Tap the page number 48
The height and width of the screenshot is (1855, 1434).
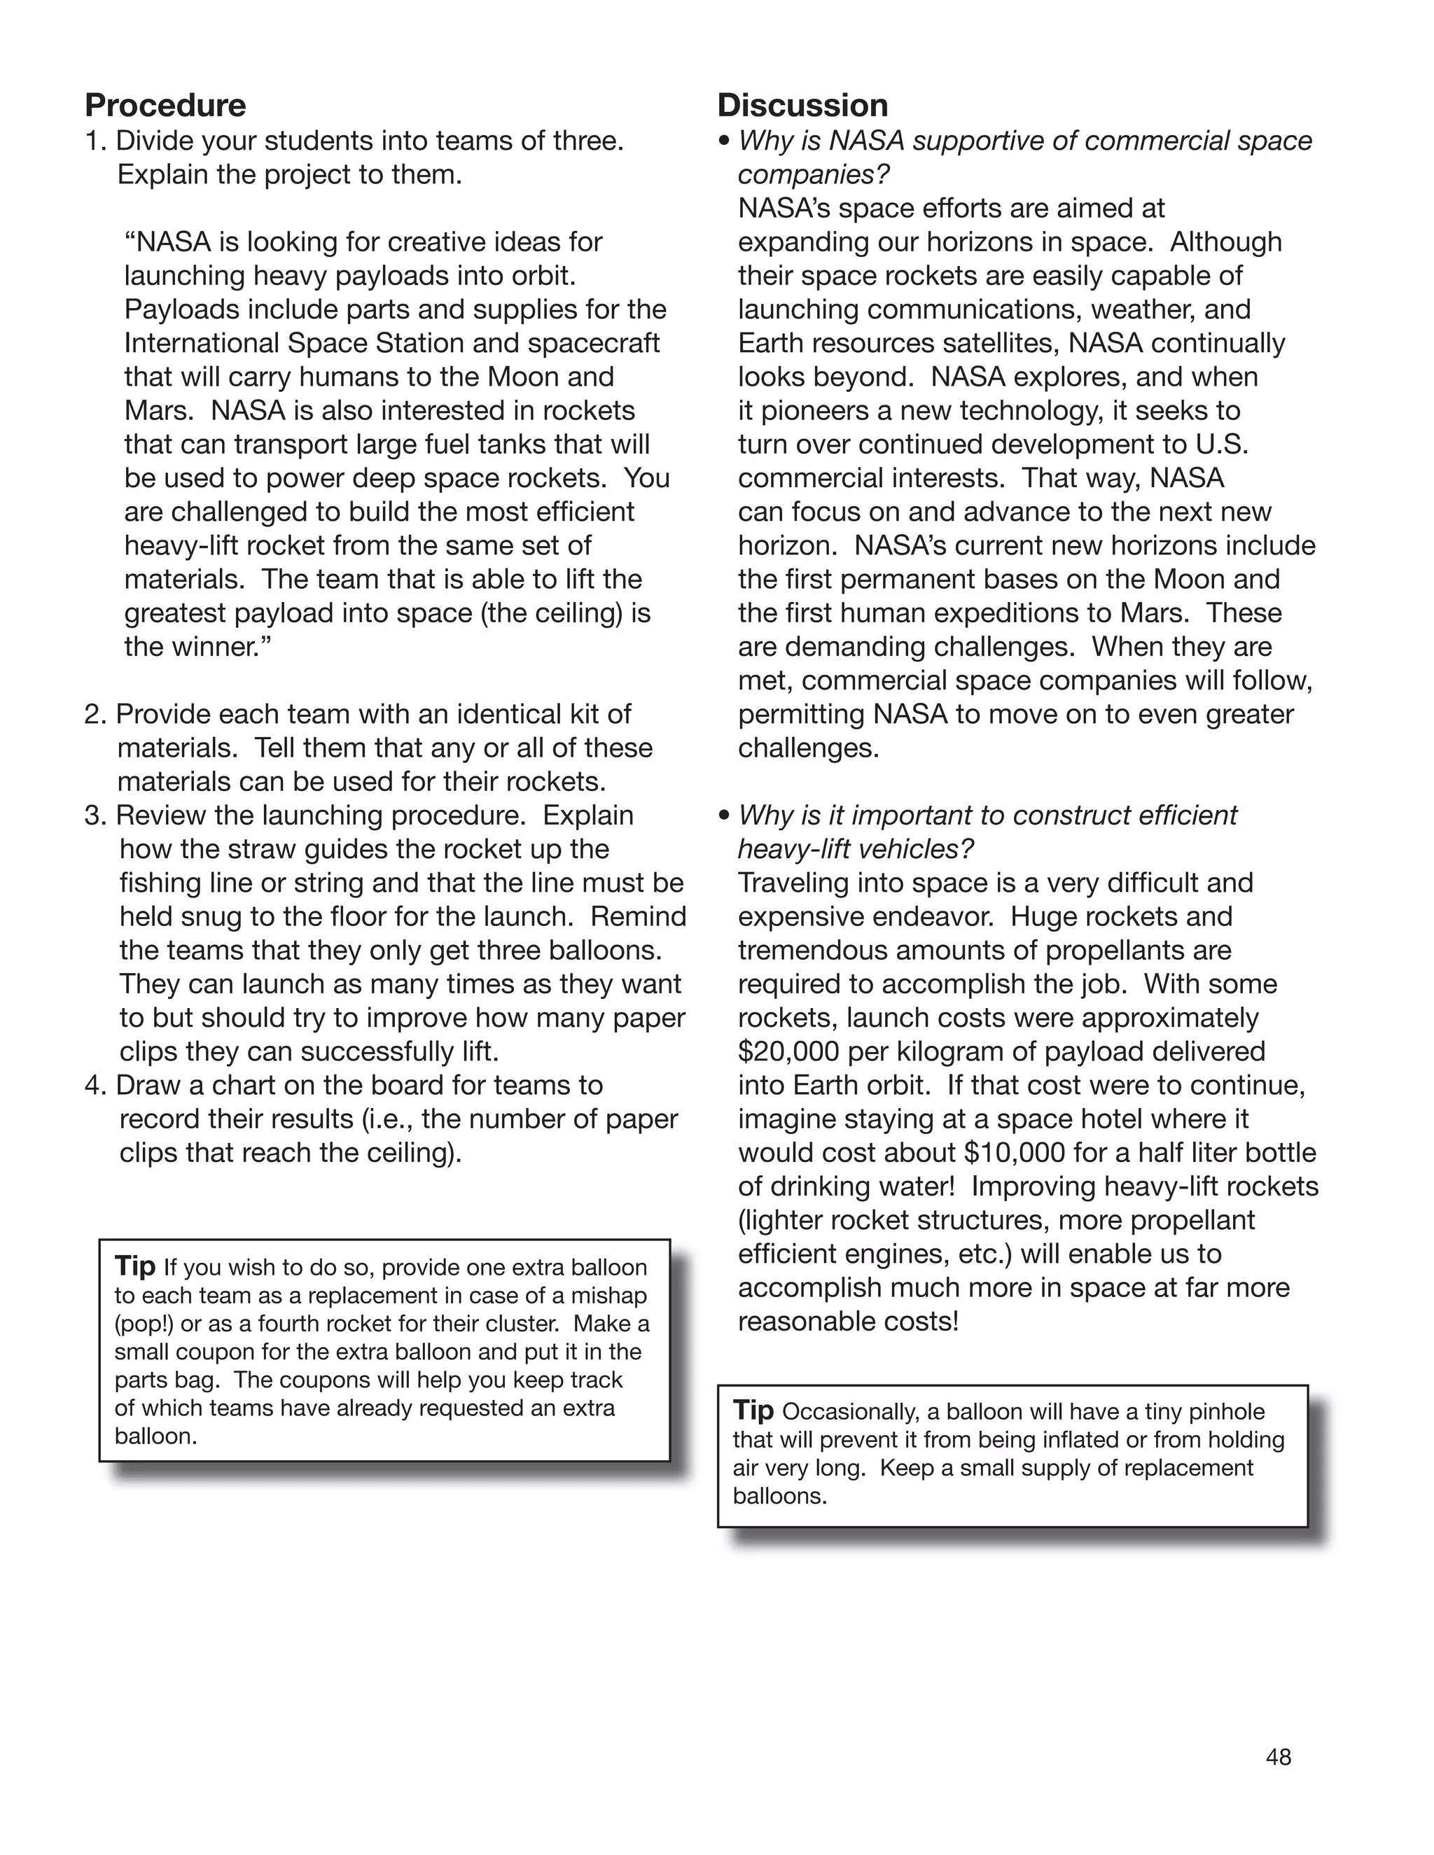(x=1278, y=1756)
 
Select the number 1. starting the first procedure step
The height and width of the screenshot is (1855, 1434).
(x=96, y=141)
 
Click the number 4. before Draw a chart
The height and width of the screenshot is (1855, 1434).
(x=96, y=1086)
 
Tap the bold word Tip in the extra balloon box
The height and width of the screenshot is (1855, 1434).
(x=135, y=1266)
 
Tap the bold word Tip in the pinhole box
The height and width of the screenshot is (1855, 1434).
(x=753, y=1410)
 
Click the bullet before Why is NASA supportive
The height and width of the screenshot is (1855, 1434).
(x=724, y=141)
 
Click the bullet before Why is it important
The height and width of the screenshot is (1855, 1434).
(x=724, y=815)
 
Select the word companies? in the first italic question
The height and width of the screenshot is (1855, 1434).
(x=813, y=175)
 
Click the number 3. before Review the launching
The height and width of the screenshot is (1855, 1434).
(x=96, y=815)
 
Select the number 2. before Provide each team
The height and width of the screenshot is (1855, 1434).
(x=96, y=714)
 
